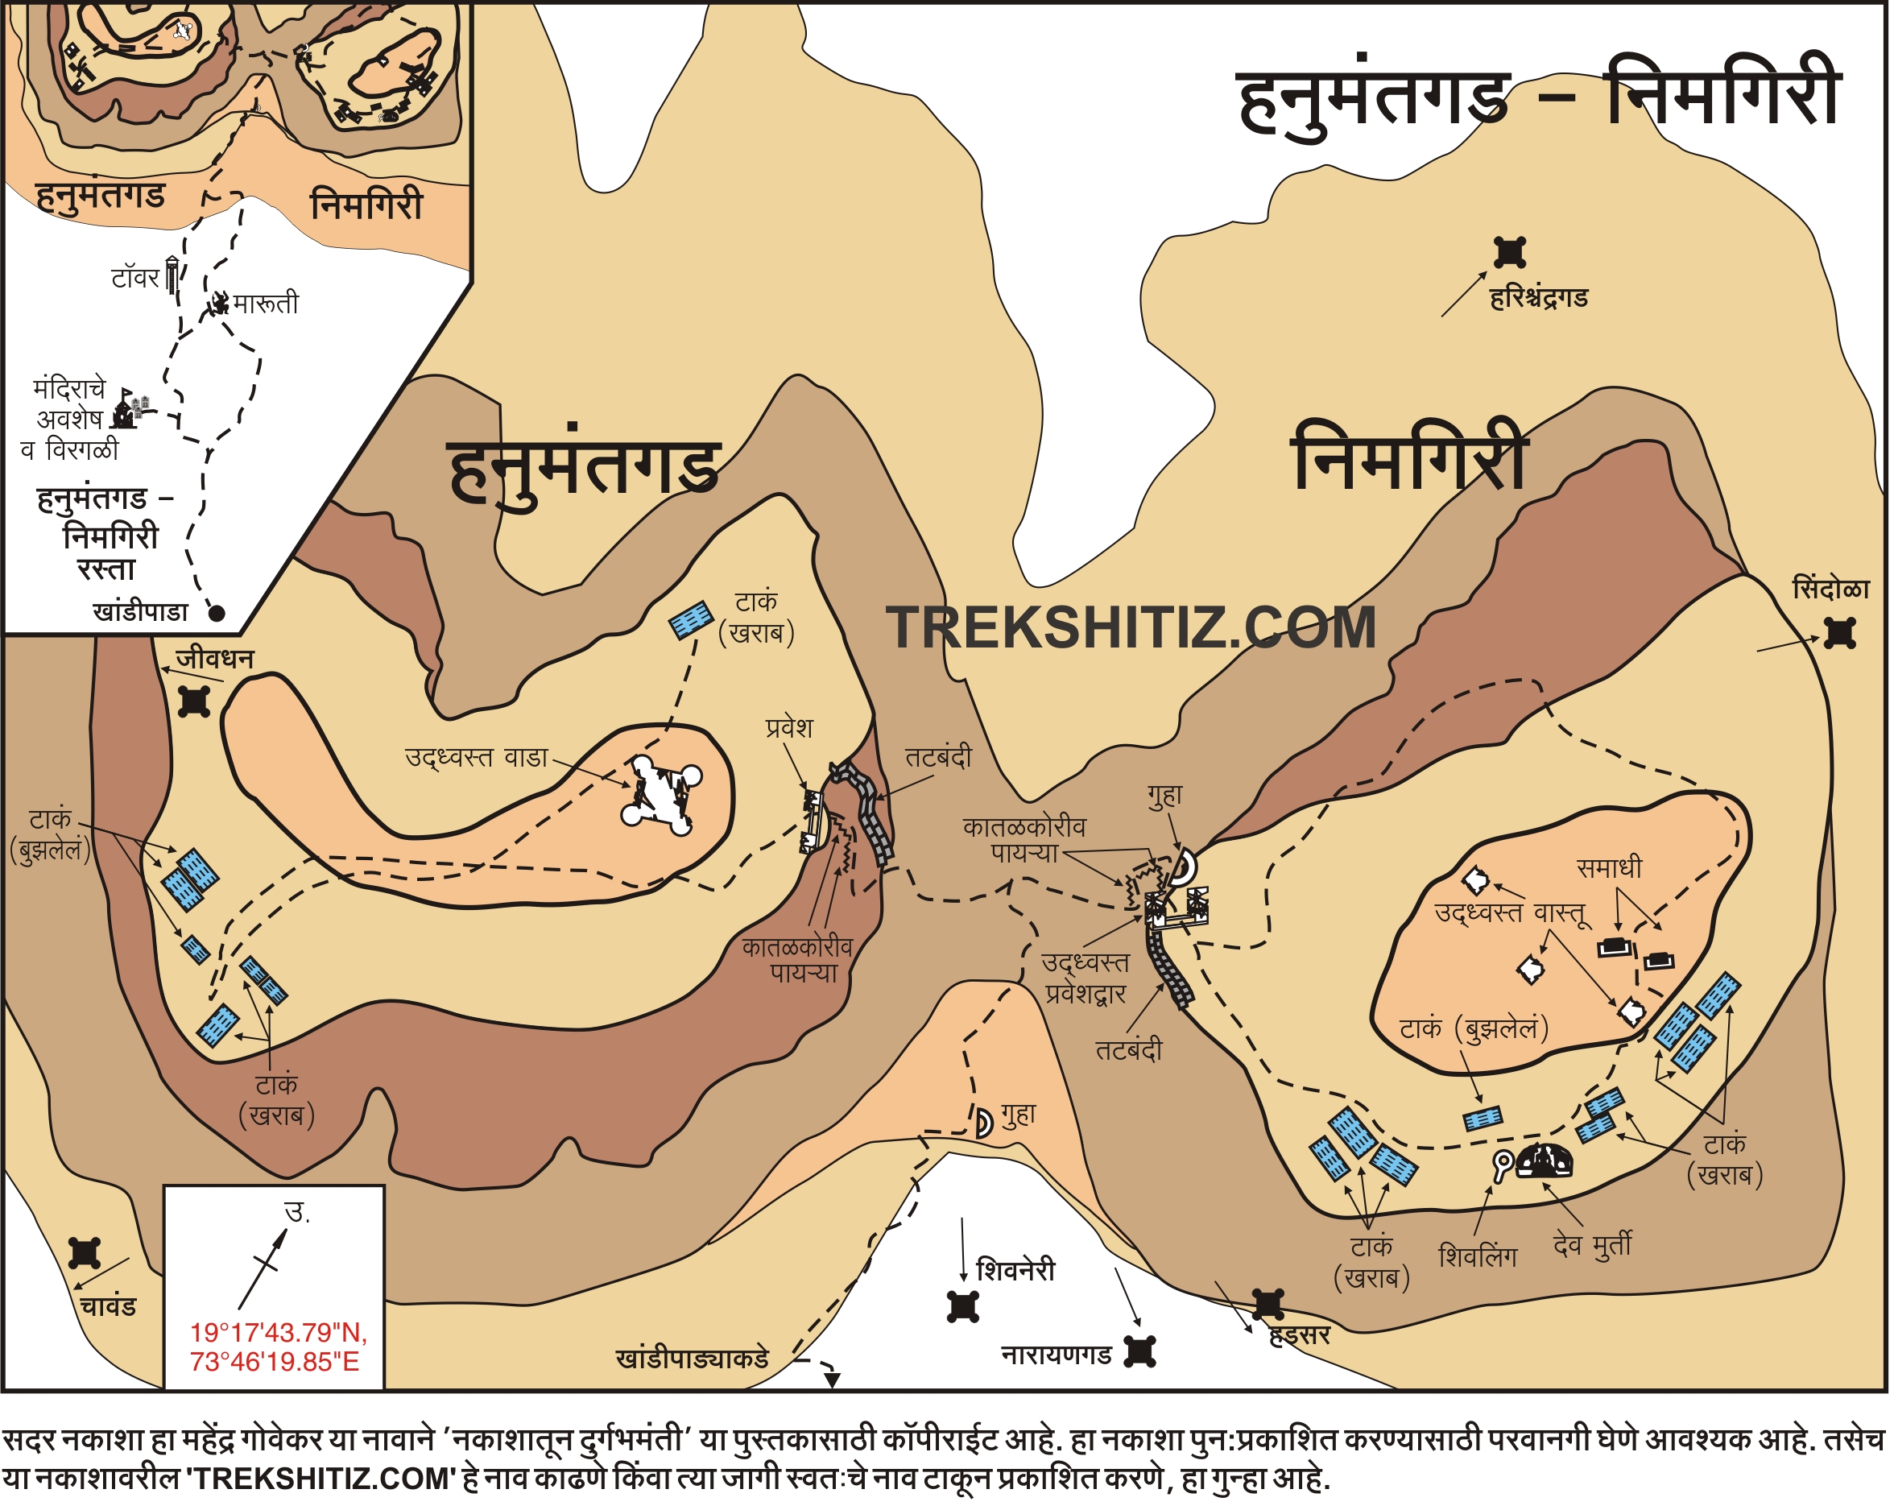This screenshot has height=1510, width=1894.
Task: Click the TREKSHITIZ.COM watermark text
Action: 1131,628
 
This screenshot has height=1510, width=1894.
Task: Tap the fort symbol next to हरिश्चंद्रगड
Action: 1510,253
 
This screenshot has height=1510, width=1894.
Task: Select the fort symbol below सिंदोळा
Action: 1839,633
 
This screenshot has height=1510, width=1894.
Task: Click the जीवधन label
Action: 215,659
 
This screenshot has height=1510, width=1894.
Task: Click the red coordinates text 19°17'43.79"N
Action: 278,1333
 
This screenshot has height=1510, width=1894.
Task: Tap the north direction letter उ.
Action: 298,1213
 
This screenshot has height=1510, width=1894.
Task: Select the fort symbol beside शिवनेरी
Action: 963,1307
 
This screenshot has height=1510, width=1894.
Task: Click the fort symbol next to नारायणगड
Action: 1140,1352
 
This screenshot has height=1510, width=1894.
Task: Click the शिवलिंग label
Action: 1478,1257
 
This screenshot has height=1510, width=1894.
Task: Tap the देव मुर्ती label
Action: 1593,1245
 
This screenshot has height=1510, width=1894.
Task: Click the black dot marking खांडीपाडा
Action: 217,613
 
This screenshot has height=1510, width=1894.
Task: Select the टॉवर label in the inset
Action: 134,279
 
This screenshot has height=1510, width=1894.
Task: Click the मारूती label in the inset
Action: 265,304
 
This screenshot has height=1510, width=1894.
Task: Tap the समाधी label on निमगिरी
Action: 1610,868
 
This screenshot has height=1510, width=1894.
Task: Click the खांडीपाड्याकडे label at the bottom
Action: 693,1359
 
